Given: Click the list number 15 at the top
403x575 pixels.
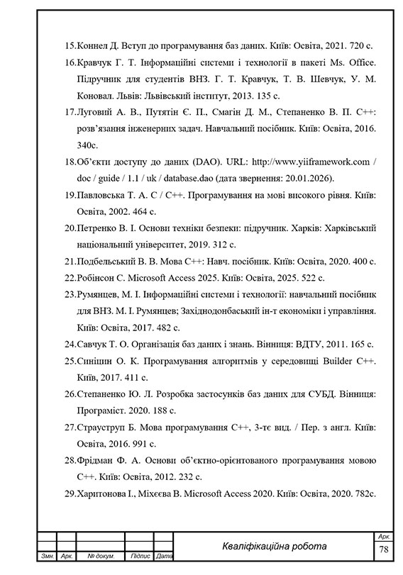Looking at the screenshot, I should [69, 44].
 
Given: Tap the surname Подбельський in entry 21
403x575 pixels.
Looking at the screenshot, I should [106, 262].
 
